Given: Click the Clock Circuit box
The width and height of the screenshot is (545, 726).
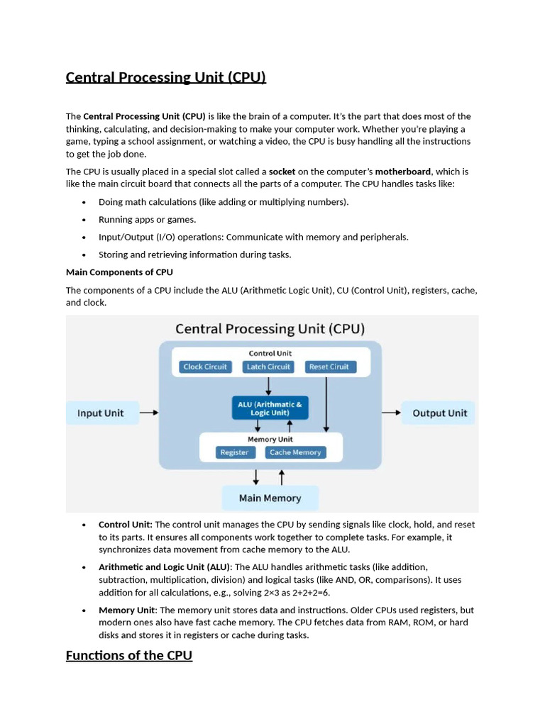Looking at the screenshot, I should (205, 367).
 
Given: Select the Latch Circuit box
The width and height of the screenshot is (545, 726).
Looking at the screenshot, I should (268, 367).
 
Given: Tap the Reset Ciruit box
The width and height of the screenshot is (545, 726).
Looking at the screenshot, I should (329, 367).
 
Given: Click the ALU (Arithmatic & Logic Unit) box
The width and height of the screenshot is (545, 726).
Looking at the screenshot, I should (270, 408).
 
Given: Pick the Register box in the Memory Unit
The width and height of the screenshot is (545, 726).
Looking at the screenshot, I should (234, 452).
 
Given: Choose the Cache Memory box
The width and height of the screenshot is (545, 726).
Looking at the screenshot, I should (295, 452).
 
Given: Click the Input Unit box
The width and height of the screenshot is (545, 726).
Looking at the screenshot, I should (100, 413).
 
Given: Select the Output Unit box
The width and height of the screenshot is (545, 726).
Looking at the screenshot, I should (440, 413).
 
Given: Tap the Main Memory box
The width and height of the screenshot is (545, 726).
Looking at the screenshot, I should (270, 498).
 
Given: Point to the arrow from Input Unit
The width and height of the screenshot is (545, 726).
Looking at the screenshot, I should (149, 412).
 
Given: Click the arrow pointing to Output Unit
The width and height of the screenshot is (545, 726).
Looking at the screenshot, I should (390, 412).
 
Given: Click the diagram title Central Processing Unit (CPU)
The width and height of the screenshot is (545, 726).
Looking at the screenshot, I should (270, 329).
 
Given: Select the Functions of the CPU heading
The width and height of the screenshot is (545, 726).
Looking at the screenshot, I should (129, 655).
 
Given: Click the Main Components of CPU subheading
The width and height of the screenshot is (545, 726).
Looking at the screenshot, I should (119, 272).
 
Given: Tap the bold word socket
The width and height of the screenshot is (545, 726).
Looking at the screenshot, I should (282, 172).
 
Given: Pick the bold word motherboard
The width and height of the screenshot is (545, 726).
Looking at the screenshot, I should (403, 172).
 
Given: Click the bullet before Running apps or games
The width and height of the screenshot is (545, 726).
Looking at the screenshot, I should (84, 220).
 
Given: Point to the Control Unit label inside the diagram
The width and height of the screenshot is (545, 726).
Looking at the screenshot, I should (270, 353).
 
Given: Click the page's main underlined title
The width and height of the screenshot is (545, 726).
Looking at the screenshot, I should (166, 77).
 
